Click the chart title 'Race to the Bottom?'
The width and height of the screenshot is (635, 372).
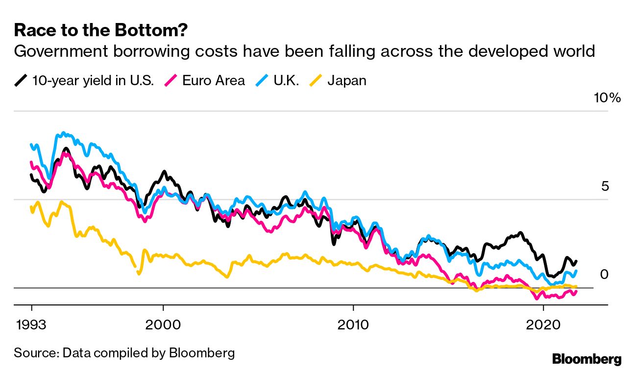100,30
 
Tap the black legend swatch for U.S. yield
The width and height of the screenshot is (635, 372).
21,80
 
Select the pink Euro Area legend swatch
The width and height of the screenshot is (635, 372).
171,80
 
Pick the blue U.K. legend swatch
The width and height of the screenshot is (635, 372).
263,80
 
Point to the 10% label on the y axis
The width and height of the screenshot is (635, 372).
607,98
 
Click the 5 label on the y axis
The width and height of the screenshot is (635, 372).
605,186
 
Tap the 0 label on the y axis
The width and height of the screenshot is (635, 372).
604,274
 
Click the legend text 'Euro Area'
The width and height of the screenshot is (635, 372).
214,80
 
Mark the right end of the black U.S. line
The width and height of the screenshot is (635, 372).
576,261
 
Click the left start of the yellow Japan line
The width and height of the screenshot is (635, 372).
31,208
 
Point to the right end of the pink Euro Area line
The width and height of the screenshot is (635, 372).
576,291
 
